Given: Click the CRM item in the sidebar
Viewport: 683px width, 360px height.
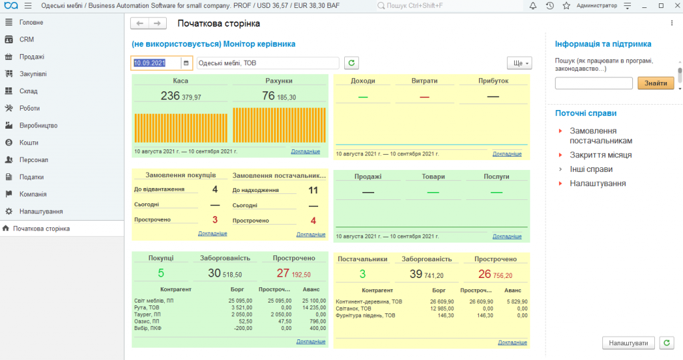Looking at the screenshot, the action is (x=26, y=39).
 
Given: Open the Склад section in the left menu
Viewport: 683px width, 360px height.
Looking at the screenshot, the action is (x=28, y=91).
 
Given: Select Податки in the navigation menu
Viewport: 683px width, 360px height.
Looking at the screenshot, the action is (x=31, y=177).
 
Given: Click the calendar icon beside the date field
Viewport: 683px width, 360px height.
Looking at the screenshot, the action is (x=186, y=63).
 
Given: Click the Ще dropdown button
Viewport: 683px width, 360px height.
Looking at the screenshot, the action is (x=520, y=63).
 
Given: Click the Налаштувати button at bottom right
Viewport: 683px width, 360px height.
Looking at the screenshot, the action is (x=628, y=343).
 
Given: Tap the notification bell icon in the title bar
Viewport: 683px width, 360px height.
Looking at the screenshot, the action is (x=533, y=5).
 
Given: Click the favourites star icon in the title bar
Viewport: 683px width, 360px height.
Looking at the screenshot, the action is (x=566, y=5).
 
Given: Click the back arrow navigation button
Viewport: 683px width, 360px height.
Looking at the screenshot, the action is (x=139, y=23).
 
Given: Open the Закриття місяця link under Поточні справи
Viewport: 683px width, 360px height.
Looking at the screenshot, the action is (x=601, y=155).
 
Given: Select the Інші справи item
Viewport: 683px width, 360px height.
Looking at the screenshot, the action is (x=591, y=169).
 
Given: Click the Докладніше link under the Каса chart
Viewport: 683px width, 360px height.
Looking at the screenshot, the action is (x=305, y=151).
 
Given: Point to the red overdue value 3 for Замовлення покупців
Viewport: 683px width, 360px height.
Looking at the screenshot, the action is (x=215, y=220).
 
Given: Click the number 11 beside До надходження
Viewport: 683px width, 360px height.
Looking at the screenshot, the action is (x=313, y=190).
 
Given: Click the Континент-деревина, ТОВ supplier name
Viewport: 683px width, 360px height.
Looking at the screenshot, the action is (x=369, y=302).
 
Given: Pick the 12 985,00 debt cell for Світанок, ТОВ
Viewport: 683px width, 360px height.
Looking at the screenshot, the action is (x=442, y=309).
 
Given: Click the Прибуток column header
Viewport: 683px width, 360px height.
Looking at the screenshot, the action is (x=493, y=81).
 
